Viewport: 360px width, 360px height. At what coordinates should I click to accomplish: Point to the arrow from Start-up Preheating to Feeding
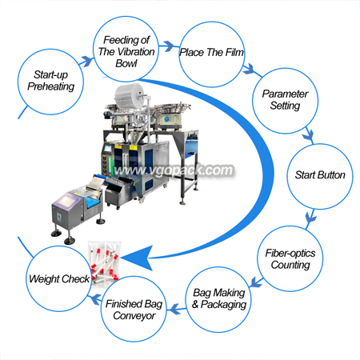[x=86, y=62]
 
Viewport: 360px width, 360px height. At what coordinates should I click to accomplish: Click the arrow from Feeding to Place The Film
[x=168, y=46]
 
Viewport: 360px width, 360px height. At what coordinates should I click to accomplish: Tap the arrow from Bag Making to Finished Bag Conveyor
[x=176, y=309]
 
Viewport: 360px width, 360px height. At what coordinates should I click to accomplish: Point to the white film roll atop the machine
[x=130, y=97]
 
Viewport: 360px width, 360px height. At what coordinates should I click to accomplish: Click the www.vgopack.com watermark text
[x=174, y=170]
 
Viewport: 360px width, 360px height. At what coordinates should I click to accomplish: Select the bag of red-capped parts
[x=105, y=264]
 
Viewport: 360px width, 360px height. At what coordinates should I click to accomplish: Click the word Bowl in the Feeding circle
[x=126, y=63]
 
